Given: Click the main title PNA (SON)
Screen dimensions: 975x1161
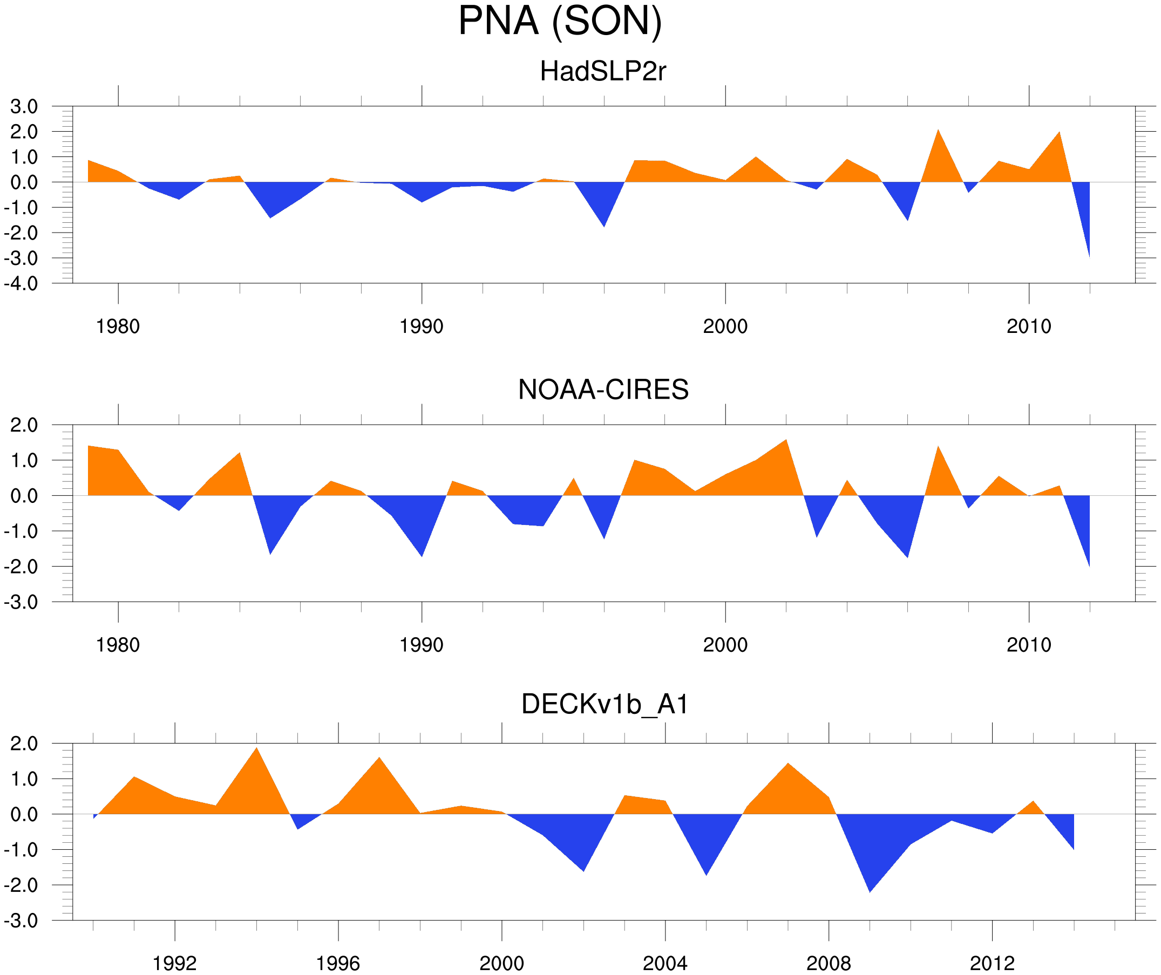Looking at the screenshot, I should pos(560,21).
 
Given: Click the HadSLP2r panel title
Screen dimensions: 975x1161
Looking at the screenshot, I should pos(602,71).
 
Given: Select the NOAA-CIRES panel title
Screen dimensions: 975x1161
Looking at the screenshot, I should pos(603,390).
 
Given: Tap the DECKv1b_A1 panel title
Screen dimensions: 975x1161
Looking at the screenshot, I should pos(605,705).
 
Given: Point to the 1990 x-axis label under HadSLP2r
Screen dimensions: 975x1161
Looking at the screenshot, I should pos(422,326).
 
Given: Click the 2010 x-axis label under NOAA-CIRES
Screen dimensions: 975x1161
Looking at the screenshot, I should pos(1028,645).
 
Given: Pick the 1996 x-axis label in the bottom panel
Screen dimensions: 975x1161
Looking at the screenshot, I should pos(338,963).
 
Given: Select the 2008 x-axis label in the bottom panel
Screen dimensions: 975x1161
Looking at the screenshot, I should pos(828,963).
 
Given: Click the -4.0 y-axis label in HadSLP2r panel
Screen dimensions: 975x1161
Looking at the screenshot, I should pos(21,284).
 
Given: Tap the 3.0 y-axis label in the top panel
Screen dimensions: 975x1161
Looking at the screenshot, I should pos(24,107).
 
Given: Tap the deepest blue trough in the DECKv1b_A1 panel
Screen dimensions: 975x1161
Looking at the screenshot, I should pos(870,888).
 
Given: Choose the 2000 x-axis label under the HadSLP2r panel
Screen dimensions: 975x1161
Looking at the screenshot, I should pos(725,326).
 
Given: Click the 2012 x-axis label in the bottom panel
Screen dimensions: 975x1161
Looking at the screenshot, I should pos(992,963).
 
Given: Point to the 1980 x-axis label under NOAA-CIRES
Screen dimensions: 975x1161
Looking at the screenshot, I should pos(118,645).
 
